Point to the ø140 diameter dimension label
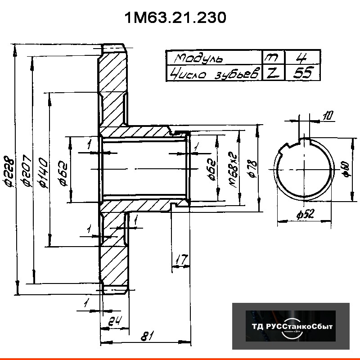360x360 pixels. tap(44, 171)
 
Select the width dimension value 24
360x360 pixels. tap(114, 321)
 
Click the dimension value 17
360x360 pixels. tap(181, 260)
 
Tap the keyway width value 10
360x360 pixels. tap(328, 116)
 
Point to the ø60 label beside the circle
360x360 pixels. tap(346, 169)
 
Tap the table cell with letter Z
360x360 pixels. tap(271, 73)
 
